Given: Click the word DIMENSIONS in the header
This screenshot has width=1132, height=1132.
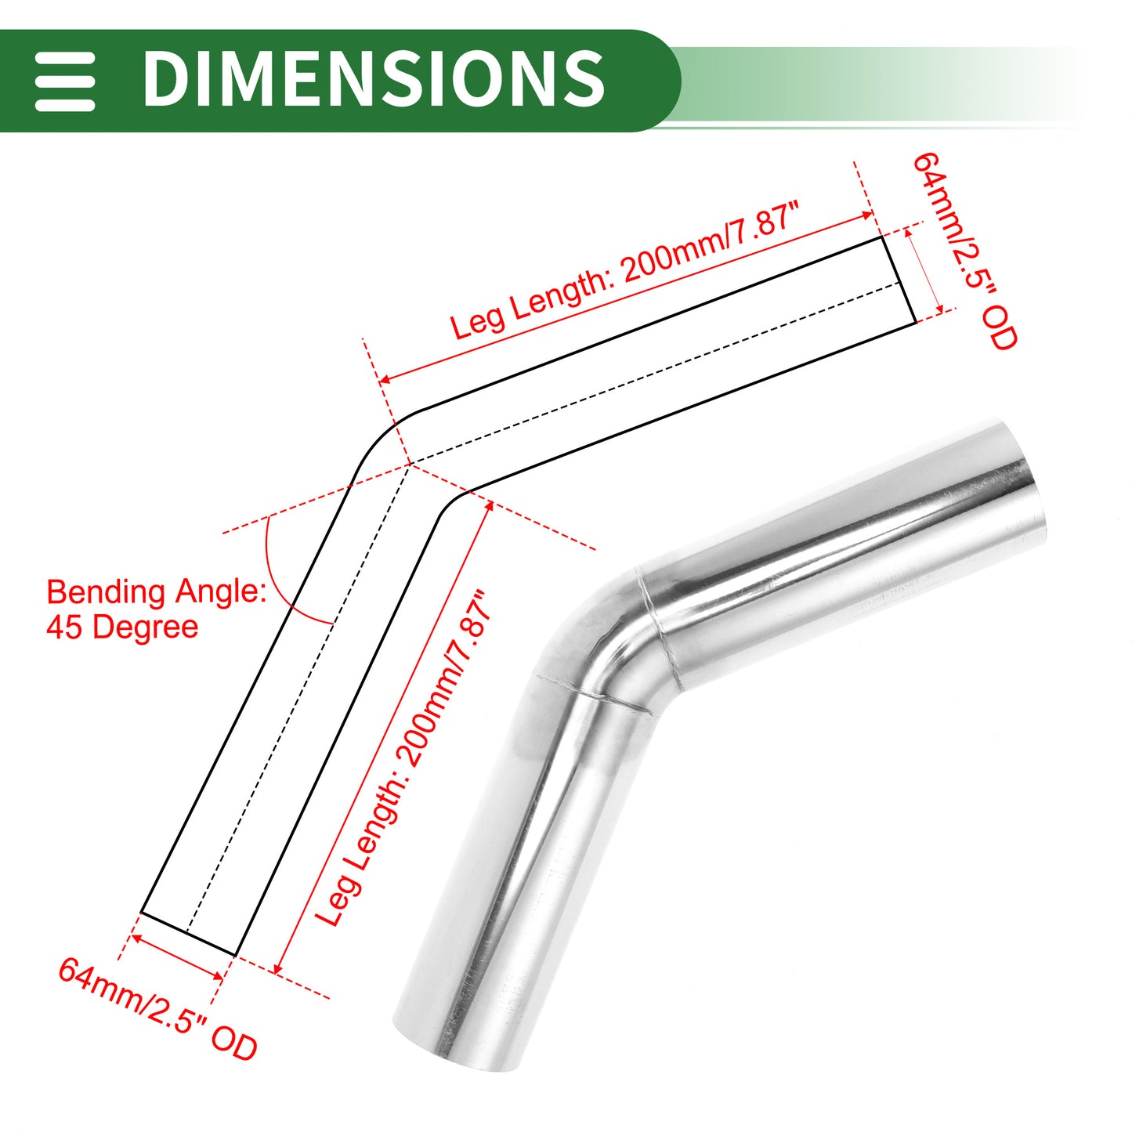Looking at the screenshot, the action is click(x=374, y=78).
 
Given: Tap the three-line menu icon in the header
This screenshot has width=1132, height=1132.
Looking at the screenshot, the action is click(x=64, y=81).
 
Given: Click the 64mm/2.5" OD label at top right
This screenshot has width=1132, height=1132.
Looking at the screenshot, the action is click(x=964, y=251).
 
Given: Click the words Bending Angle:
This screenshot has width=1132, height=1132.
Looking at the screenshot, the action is click(x=156, y=592).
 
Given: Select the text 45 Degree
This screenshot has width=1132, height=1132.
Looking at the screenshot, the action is click(x=122, y=627).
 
